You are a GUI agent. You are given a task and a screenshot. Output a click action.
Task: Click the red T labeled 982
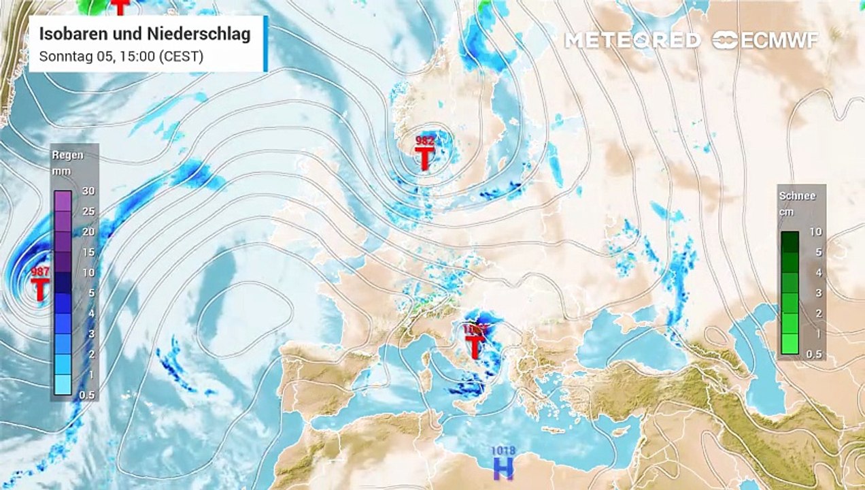coord(424,159)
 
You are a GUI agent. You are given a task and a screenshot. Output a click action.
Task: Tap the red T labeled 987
coord(40,289)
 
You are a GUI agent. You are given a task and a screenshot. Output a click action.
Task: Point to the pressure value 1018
coord(503,451)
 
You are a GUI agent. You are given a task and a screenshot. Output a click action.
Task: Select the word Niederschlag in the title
coord(206,34)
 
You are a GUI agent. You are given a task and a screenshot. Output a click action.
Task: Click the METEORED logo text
coord(632,40)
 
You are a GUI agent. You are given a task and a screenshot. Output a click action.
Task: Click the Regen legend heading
coord(67,155)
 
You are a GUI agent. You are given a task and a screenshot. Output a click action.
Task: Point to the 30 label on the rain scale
coord(88,191)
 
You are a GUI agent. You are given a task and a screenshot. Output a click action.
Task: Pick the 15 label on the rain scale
coord(88,252)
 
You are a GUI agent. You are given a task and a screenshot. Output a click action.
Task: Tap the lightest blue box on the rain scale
coord(63,385)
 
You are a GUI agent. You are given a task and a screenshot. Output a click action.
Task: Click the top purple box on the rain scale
coord(63,201)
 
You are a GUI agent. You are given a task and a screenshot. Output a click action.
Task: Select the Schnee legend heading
coord(796,196)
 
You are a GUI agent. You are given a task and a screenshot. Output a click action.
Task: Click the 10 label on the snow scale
coord(815,231)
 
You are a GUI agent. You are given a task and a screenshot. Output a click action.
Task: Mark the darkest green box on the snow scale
coord(790,242)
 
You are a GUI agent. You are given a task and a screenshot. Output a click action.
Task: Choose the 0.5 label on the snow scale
coord(813,354)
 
